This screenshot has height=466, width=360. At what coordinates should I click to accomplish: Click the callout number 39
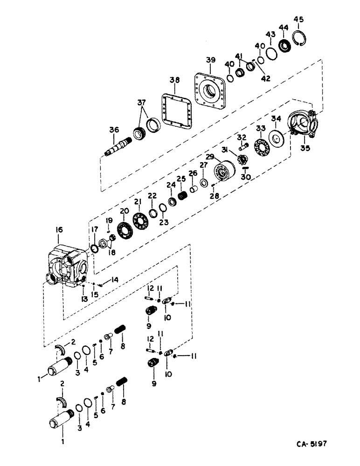click(211, 61)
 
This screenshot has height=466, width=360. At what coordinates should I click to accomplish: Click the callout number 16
click(59, 230)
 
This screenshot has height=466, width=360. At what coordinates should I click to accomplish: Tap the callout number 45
click(298, 19)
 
